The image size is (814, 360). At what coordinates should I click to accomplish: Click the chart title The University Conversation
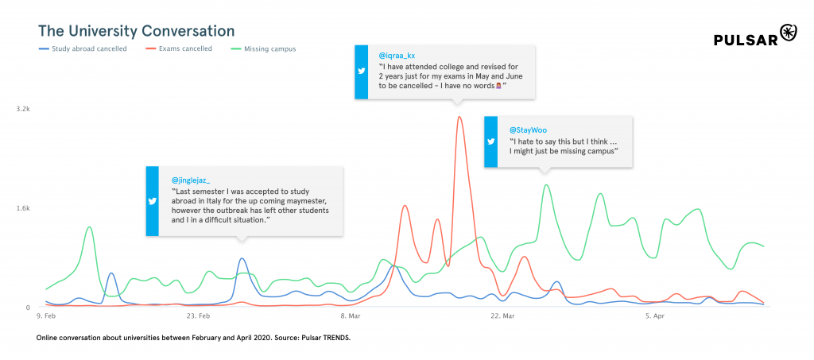coord(136,31)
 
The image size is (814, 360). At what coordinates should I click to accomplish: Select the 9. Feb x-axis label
coord(46,316)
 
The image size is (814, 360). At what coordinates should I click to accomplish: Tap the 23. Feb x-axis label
coord(198,316)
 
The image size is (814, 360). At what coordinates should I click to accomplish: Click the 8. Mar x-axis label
coord(350,316)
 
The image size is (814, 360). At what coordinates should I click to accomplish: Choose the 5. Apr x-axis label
coord(654,316)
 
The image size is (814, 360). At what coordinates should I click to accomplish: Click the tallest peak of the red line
coord(459,118)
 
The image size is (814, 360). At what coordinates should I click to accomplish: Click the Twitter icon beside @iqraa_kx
coord(362,71)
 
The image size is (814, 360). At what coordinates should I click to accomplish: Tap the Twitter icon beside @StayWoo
coord(491,141)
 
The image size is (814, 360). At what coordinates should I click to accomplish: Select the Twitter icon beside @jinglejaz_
coord(153,201)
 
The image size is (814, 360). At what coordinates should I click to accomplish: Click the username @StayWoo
coord(528,130)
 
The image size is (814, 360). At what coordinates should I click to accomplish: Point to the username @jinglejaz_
coord(191,180)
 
